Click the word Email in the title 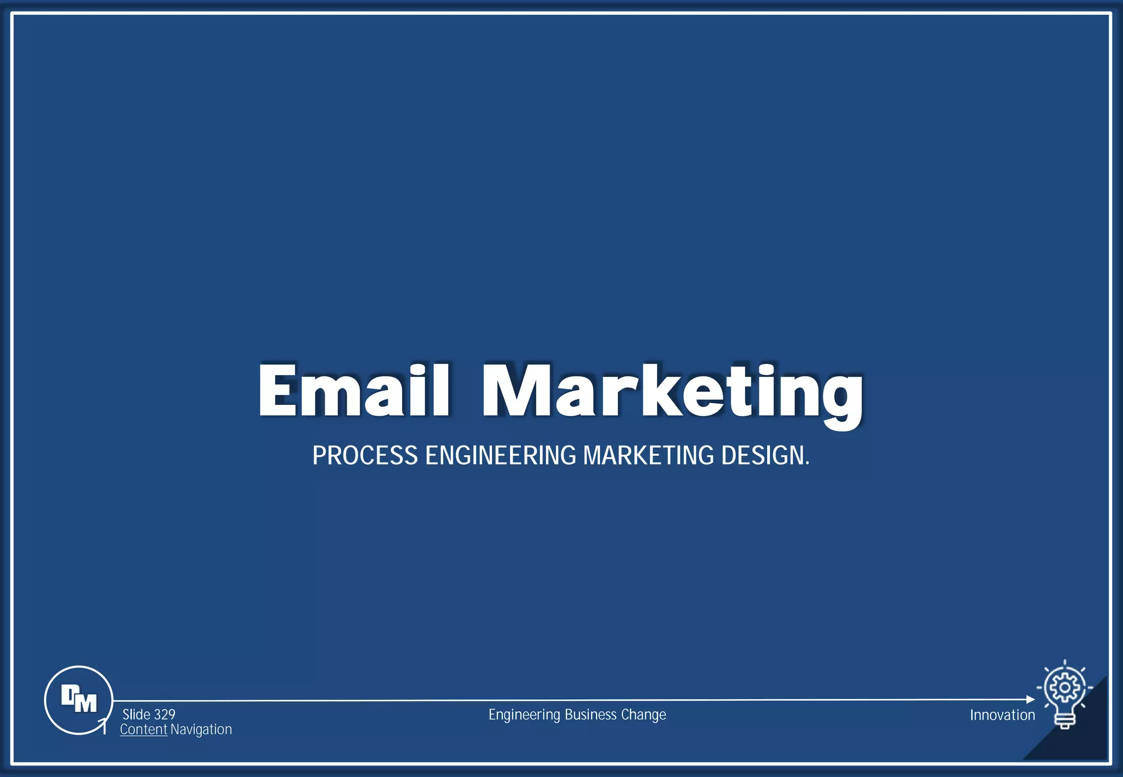click(x=354, y=390)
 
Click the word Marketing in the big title click(x=672, y=392)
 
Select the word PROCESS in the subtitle click(x=365, y=455)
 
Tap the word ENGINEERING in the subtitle click(x=501, y=455)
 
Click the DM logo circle click(x=78, y=700)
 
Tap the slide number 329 click(x=165, y=715)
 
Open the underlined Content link click(x=143, y=729)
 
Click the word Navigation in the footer click(x=201, y=729)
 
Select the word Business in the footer click(x=591, y=715)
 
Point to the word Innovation click(x=1002, y=715)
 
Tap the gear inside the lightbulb click(x=1064, y=687)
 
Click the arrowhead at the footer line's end click(x=1030, y=699)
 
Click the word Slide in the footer click(x=136, y=715)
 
